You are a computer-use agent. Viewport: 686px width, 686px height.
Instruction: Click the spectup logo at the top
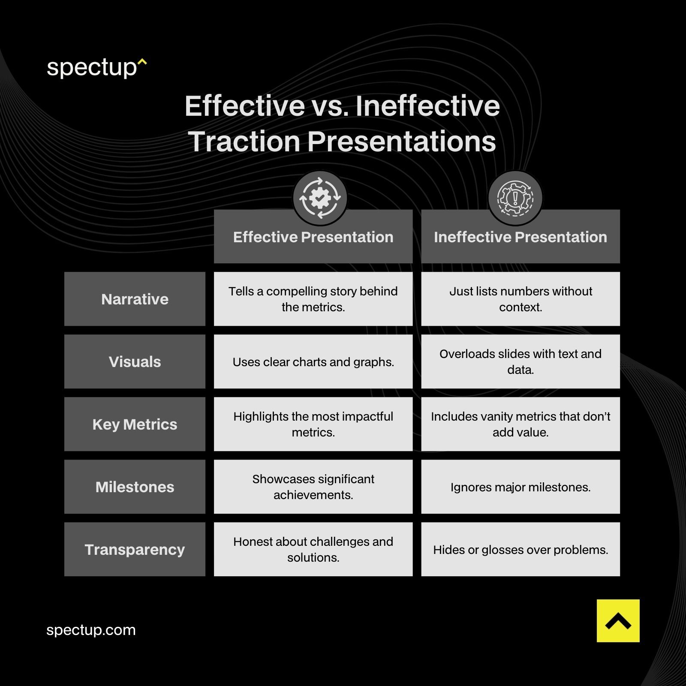click(96, 68)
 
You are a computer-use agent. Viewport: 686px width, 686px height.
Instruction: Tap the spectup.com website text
click(91, 630)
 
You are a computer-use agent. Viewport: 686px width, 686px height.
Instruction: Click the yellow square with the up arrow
click(618, 620)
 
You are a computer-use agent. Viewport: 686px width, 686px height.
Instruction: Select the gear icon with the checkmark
click(320, 198)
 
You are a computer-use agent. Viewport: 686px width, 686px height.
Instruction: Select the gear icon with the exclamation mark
click(515, 198)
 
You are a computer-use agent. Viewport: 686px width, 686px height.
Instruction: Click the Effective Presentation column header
click(313, 237)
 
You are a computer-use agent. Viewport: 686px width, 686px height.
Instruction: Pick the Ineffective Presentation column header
click(520, 237)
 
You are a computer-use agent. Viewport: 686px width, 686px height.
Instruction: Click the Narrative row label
click(135, 299)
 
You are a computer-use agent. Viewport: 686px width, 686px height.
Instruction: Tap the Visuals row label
click(135, 361)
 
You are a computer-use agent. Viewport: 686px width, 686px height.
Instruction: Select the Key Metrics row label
click(135, 424)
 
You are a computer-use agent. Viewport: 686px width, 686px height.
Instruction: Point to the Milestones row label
click(135, 487)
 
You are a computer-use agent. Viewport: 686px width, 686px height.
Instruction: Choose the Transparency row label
click(135, 549)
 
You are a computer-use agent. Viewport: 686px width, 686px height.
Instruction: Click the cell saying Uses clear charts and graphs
click(313, 361)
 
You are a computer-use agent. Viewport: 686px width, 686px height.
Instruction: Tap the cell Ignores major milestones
click(520, 487)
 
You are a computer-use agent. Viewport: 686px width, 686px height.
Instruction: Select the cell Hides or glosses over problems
click(520, 549)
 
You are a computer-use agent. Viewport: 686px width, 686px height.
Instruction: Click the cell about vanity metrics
click(520, 424)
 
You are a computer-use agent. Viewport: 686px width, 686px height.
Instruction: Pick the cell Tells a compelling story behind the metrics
click(313, 299)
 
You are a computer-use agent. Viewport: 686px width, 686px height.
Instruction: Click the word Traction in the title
click(244, 141)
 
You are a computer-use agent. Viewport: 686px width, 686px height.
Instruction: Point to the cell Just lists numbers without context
click(520, 299)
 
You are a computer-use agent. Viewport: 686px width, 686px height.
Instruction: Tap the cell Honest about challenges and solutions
click(313, 549)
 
